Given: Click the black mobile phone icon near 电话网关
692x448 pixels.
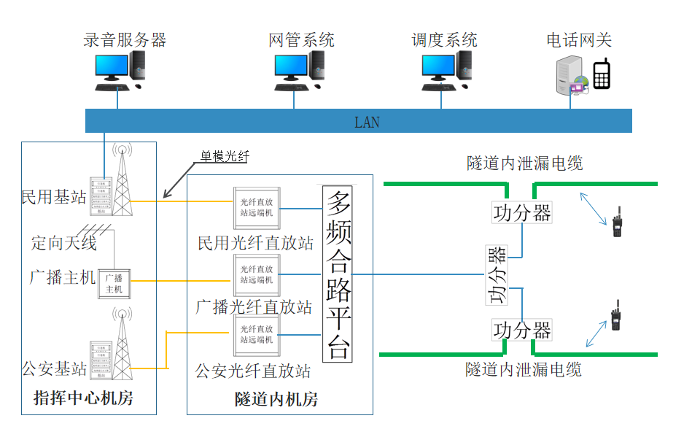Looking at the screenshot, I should click(601, 74).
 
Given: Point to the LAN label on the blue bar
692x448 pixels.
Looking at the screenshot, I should click(367, 122).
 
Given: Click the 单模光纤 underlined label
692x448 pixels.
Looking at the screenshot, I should click(225, 156).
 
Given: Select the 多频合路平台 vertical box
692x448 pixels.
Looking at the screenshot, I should click(338, 274).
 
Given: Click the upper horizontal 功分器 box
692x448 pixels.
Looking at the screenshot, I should click(522, 212).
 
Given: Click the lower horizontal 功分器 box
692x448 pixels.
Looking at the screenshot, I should click(522, 330).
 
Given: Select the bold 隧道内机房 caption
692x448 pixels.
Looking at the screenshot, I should click(276, 399).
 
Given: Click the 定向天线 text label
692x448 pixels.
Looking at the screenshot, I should click(64, 242).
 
